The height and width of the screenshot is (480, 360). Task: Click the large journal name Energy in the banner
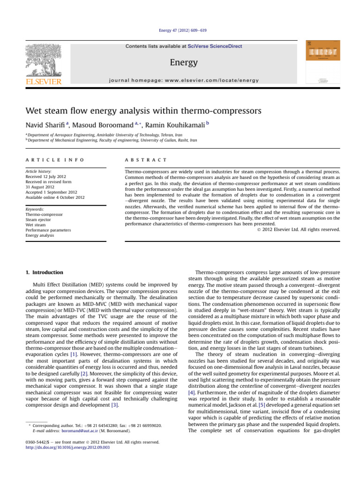180,63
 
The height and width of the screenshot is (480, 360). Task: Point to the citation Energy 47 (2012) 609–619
180,30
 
